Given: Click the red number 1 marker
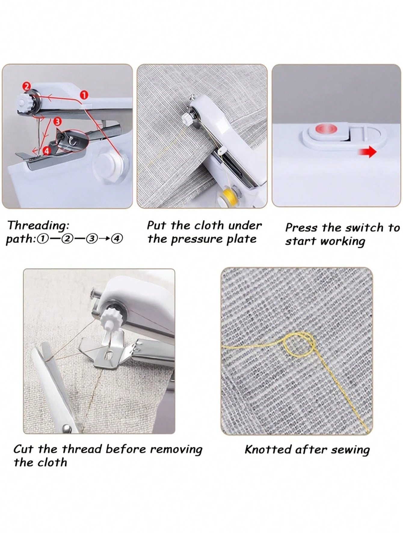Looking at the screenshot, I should (x=84, y=95).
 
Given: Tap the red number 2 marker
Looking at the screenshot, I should (x=26, y=86).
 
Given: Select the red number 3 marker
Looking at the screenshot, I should (x=57, y=121).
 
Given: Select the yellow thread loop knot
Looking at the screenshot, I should (x=300, y=344).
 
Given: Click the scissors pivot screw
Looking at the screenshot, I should (x=67, y=428).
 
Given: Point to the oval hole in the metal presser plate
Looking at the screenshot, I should (x=108, y=356).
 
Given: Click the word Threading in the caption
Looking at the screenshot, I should (x=38, y=226).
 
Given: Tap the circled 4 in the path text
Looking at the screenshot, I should (x=117, y=239).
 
